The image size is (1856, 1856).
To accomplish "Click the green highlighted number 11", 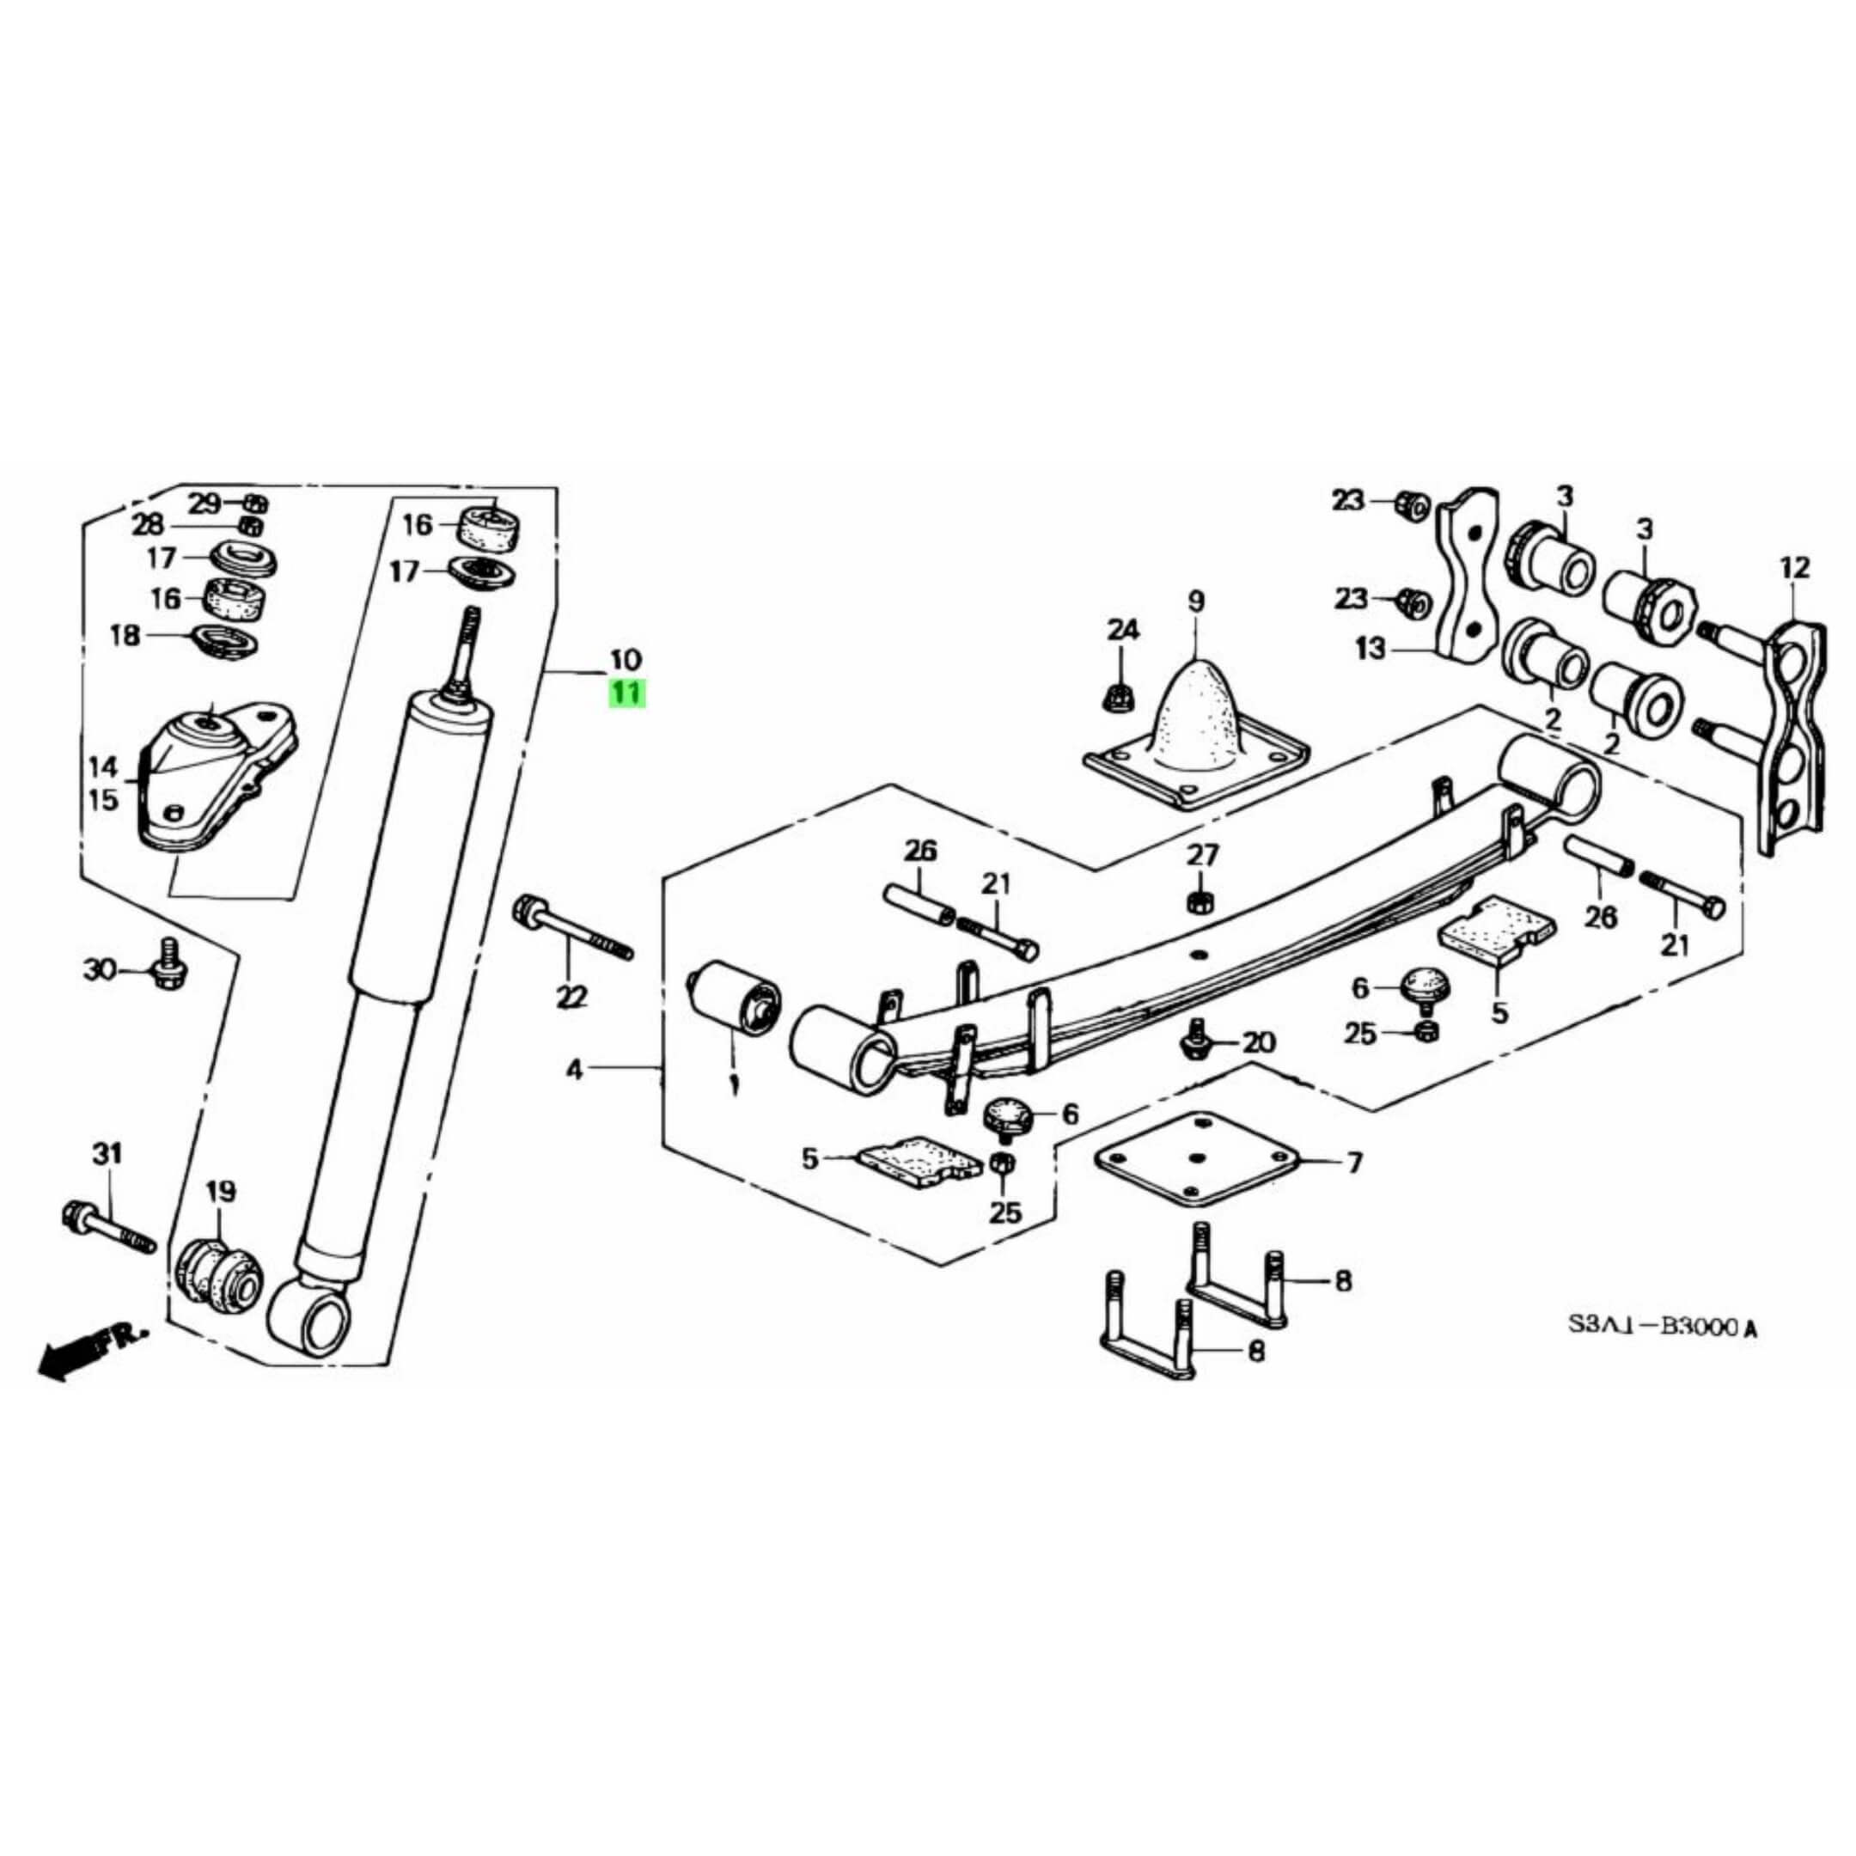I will pos(626,692).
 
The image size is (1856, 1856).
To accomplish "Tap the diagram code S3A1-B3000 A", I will pos(1662,1328).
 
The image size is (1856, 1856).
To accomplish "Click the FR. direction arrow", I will pos(91,1352).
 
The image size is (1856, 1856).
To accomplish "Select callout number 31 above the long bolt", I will pos(107,1153).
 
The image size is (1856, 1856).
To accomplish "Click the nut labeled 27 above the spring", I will pos(1199,901).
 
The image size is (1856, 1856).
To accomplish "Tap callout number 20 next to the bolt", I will pos(1259,1042).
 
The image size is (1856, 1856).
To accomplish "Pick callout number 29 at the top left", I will pos(204,503).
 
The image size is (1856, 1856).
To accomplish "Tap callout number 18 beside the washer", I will pos(125,635).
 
